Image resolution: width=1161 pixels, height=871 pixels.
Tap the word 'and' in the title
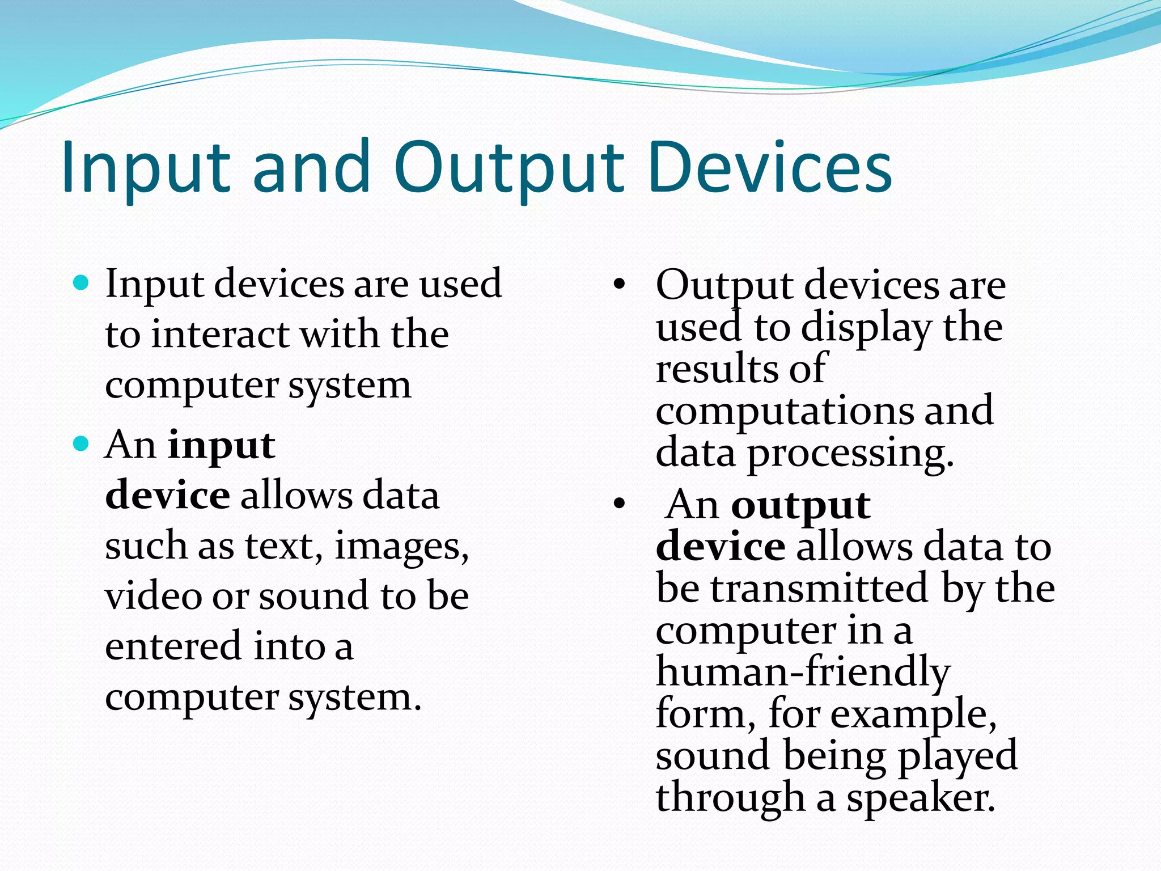pyautogui.click(x=311, y=167)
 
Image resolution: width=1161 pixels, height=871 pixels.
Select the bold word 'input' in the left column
pyautogui.click(x=221, y=446)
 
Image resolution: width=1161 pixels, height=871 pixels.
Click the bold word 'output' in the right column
pyautogui.click(x=800, y=505)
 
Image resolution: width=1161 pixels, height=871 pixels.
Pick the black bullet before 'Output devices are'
pyautogui.click(x=619, y=284)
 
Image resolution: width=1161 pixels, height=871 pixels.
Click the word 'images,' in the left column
pyautogui.click(x=401, y=547)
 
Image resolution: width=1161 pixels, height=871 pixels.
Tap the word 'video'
pyautogui.click(x=153, y=596)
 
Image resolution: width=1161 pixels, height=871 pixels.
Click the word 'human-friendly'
pyautogui.click(x=802, y=673)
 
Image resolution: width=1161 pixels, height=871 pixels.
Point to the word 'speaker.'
pyautogui.click(x=921, y=798)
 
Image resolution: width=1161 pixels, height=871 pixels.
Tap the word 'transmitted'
pyautogui.click(x=819, y=589)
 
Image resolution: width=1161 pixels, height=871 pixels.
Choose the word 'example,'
pyautogui.click(x=913, y=714)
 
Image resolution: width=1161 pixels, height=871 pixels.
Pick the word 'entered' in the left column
pyautogui.click(x=173, y=646)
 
